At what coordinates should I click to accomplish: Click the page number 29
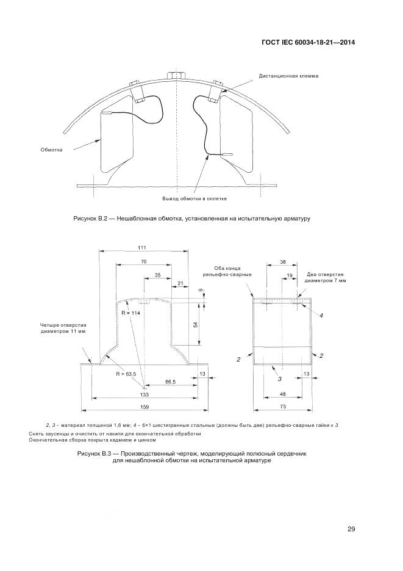pos(351,529)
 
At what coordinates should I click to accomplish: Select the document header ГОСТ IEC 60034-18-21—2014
pos(305,42)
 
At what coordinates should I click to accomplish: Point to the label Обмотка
pos(52,148)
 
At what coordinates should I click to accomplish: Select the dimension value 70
pos(143,261)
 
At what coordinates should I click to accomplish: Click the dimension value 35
pos(158,276)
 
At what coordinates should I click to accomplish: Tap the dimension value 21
pos(180,283)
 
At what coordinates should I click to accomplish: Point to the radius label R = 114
pos(131,313)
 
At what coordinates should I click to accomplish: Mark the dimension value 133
pos(144,395)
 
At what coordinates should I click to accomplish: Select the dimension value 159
pos(144,407)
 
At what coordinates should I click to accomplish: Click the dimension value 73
pos(282,407)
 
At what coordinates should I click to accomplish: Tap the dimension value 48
pos(282,395)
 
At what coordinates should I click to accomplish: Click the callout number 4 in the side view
pos(321,315)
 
